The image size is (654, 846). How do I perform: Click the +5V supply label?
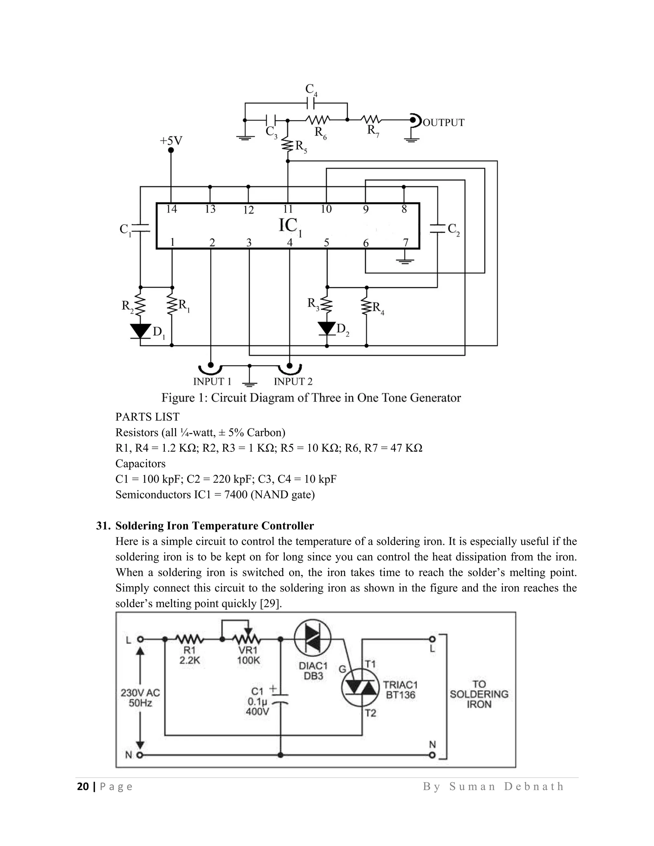pyautogui.click(x=171, y=140)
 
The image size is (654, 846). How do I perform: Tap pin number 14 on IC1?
pyautogui.click(x=171, y=209)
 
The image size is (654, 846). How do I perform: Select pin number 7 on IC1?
pyautogui.click(x=405, y=243)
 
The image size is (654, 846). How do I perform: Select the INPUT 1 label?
pyautogui.click(x=212, y=381)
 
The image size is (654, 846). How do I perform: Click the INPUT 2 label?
pyautogui.click(x=293, y=381)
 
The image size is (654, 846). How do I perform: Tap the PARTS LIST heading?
pyautogui.click(x=147, y=417)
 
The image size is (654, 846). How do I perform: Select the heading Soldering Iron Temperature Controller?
pyautogui.click(x=214, y=526)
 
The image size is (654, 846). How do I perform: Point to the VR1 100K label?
pyautogui.click(x=248, y=655)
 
